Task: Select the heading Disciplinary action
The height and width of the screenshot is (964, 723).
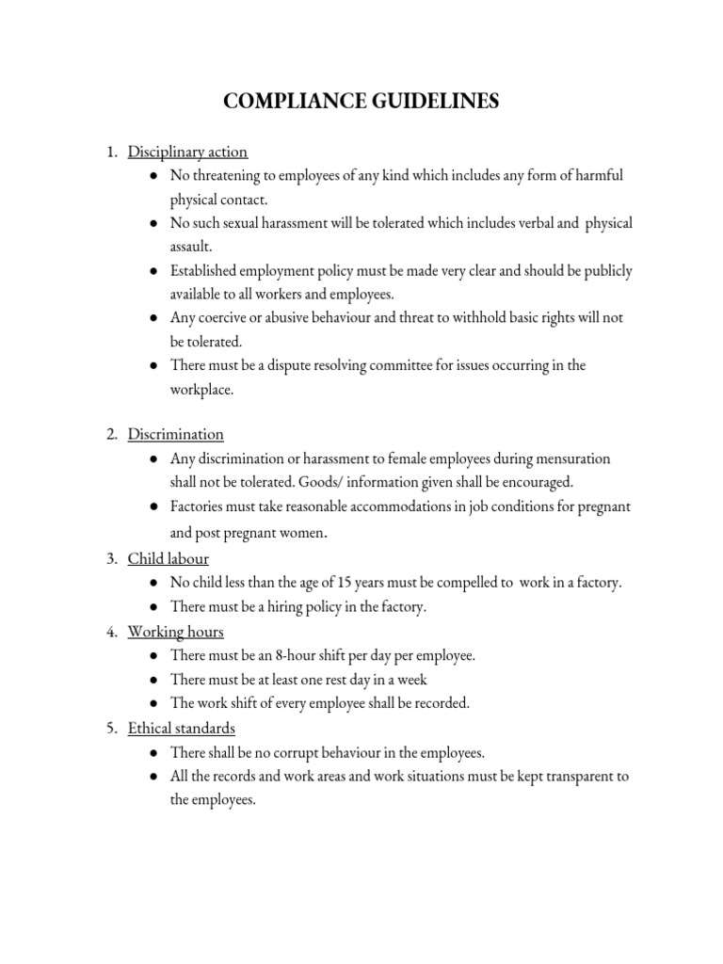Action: pyautogui.click(x=187, y=152)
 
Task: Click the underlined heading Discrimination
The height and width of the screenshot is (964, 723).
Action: pyautogui.click(x=176, y=434)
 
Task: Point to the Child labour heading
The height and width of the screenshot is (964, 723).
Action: pyautogui.click(x=169, y=559)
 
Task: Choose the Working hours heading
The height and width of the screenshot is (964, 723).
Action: pyautogui.click(x=176, y=631)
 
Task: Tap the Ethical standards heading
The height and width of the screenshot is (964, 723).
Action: pyautogui.click(x=182, y=728)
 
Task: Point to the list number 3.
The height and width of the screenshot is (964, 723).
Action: pyautogui.click(x=110, y=559)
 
